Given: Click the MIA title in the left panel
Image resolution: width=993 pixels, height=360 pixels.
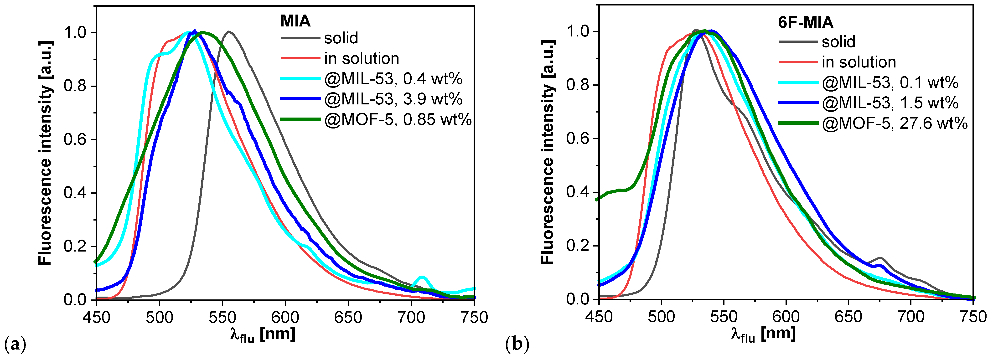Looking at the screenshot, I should pos(295,21).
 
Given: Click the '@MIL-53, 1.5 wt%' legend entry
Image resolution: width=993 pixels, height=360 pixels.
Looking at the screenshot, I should pos(890,103).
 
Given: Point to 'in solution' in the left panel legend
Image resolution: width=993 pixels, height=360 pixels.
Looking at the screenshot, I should pos(362,59).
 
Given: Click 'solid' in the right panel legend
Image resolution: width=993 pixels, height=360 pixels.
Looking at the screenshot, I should pos(838,42).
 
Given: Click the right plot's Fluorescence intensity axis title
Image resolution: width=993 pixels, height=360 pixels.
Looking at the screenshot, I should pos(547,152).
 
